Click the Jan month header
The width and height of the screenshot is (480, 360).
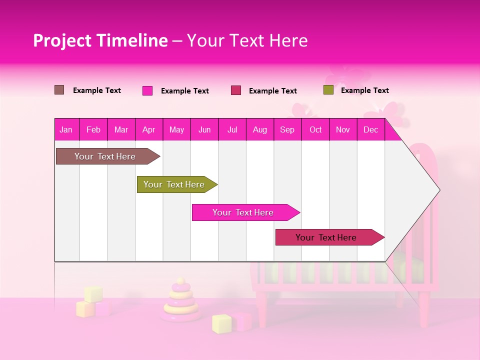click(x=66, y=129)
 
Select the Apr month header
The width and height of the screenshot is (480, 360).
click(x=149, y=129)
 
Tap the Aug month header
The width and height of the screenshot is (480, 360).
click(x=259, y=129)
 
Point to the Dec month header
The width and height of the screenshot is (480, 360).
click(x=370, y=129)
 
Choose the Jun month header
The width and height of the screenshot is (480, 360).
click(x=204, y=129)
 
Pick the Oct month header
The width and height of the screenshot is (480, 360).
click(x=315, y=129)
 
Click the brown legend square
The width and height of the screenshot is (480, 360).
click(x=59, y=90)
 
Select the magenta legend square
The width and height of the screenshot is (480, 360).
click(x=147, y=90)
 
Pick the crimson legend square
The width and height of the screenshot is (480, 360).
click(x=236, y=90)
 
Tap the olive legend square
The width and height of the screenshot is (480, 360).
click(x=328, y=90)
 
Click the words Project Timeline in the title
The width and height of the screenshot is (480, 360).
click(x=100, y=40)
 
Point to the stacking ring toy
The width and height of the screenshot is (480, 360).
click(x=180, y=301)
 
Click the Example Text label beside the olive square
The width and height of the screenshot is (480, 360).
click(x=364, y=90)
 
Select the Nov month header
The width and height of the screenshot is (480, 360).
click(x=343, y=129)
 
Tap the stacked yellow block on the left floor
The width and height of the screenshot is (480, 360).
click(x=93, y=294)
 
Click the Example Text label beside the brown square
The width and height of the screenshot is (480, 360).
click(x=97, y=90)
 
